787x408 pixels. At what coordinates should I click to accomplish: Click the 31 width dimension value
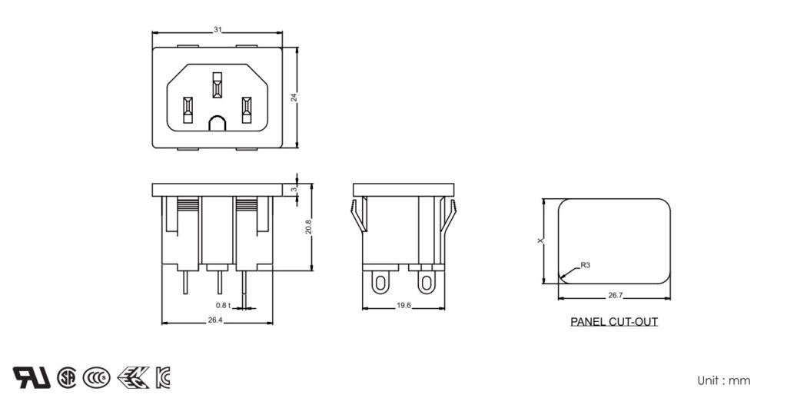click(218, 30)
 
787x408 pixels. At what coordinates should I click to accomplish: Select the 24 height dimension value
click(294, 96)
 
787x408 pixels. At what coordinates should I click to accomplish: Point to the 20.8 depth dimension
click(308, 227)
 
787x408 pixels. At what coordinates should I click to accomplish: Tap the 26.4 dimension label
click(215, 320)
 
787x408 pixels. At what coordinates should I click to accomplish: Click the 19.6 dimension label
click(403, 305)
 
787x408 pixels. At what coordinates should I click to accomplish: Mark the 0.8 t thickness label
click(222, 305)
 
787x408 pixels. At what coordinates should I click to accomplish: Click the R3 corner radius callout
click(585, 265)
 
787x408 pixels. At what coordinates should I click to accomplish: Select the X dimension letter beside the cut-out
click(540, 241)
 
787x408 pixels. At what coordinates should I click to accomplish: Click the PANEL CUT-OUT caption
click(613, 322)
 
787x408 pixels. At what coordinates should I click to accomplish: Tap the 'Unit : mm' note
click(723, 380)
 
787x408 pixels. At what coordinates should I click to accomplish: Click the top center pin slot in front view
click(218, 85)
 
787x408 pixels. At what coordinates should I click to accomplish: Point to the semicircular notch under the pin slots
click(218, 123)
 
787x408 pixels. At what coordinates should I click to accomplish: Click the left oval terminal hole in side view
click(379, 284)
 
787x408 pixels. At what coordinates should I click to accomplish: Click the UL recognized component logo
click(32, 377)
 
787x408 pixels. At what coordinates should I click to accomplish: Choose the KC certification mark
click(163, 377)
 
